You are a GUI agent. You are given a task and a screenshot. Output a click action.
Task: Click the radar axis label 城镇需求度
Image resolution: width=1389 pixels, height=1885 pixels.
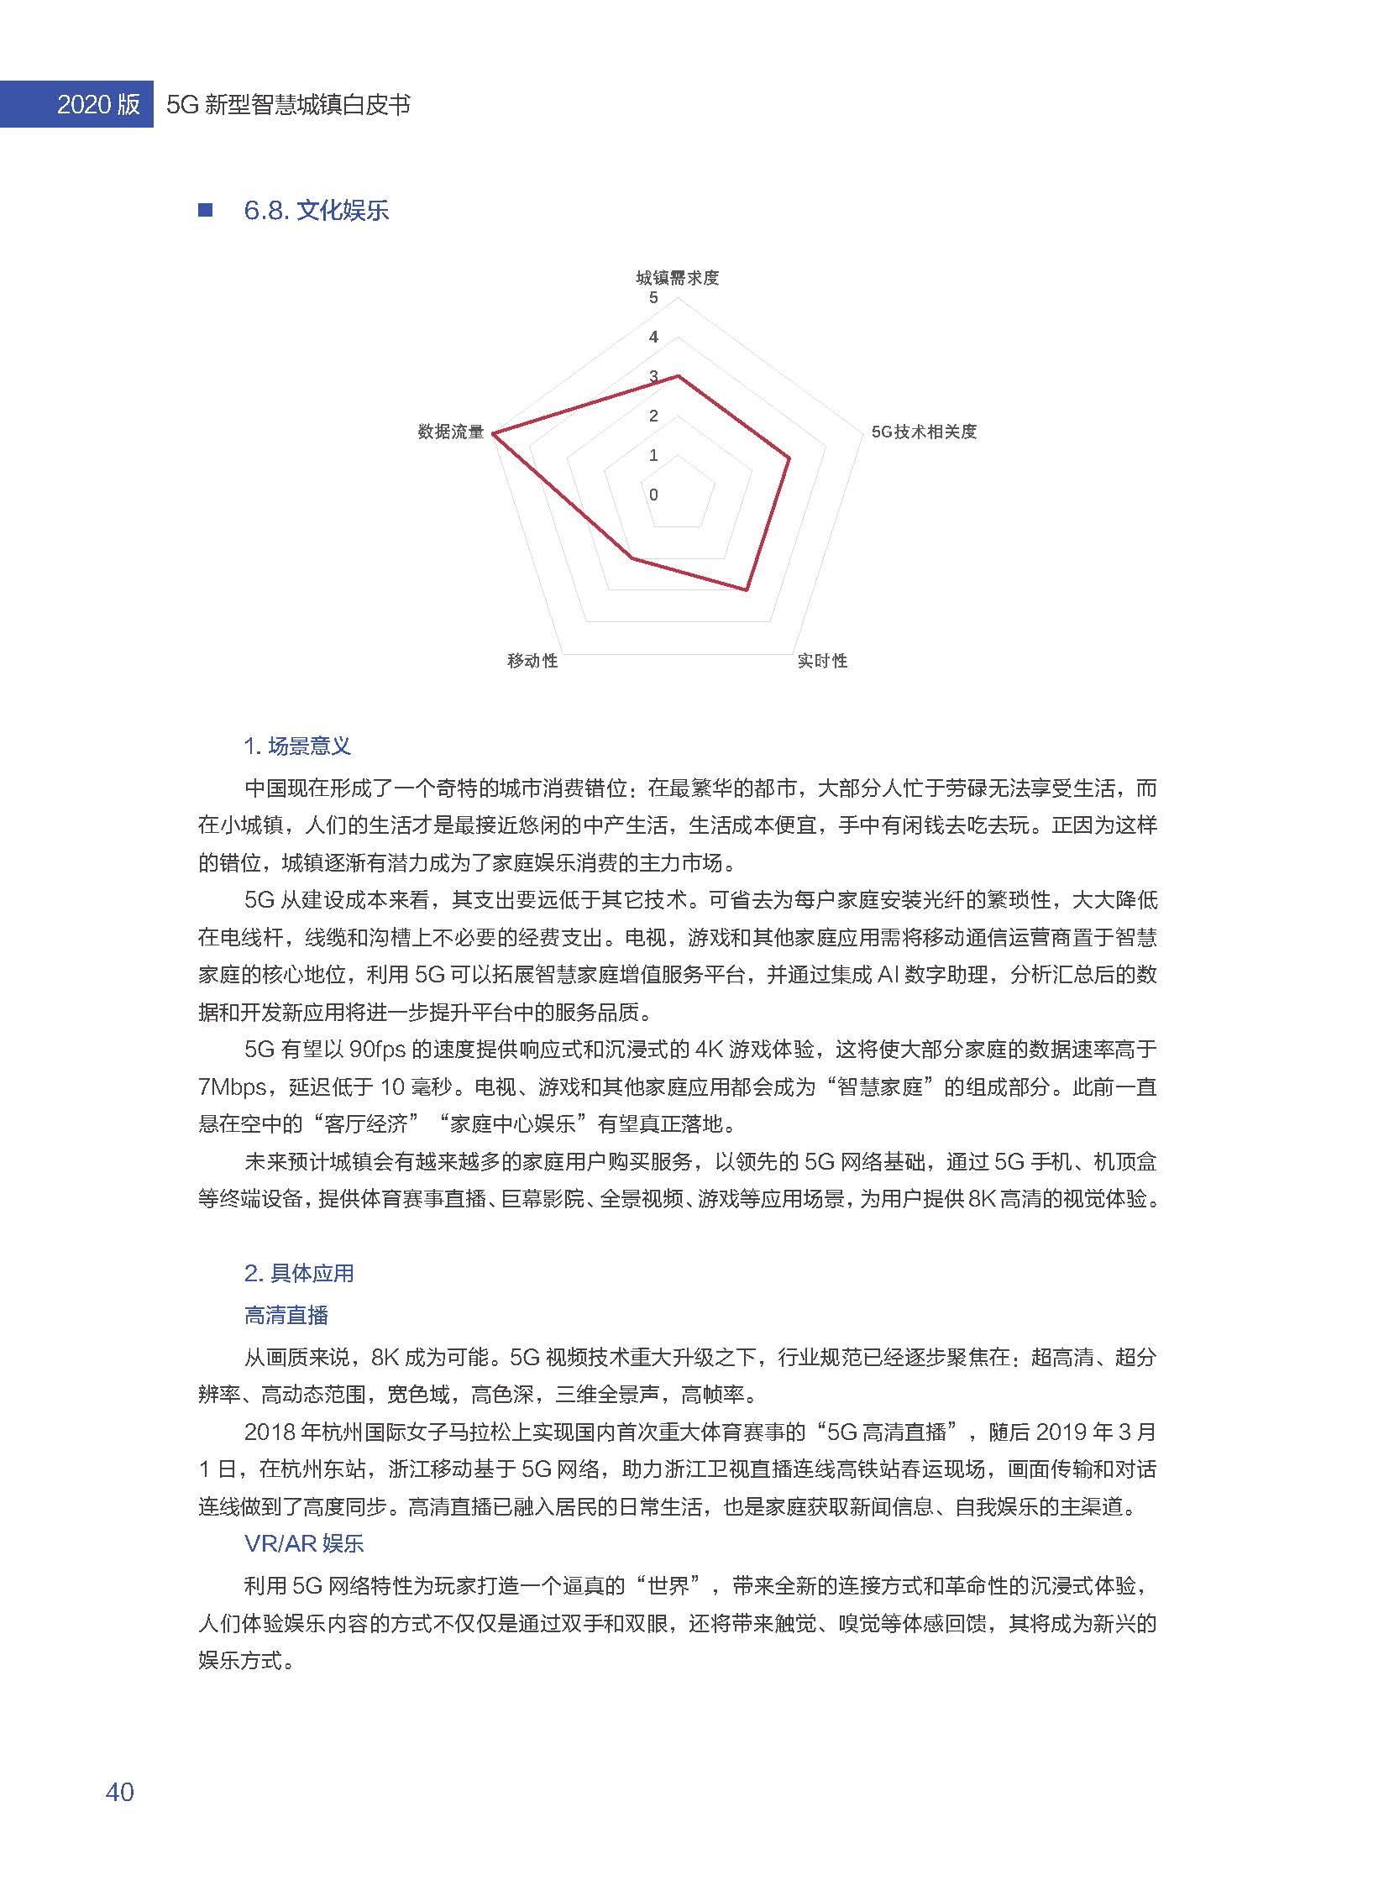pyautogui.click(x=677, y=278)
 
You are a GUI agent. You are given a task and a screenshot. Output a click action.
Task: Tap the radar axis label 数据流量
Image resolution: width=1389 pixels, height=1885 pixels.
pyautogui.click(x=451, y=432)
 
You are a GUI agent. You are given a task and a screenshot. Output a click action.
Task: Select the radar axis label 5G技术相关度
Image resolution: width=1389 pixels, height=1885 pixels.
pyautogui.click(x=923, y=432)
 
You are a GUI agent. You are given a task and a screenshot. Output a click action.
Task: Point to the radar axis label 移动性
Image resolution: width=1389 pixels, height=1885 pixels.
pyautogui.click(x=532, y=661)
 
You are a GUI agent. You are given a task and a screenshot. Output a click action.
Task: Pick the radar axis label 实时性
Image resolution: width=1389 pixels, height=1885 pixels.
pyautogui.click(x=822, y=661)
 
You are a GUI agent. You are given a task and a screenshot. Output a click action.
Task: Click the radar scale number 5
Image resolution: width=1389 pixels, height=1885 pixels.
pyautogui.click(x=653, y=298)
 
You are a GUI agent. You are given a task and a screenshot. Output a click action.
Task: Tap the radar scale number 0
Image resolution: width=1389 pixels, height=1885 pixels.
pyautogui.click(x=653, y=495)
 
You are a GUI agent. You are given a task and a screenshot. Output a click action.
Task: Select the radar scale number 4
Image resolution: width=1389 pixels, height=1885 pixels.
pyautogui.click(x=653, y=338)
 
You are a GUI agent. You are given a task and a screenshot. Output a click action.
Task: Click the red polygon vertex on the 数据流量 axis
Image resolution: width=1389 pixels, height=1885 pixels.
pyautogui.click(x=494, y=433)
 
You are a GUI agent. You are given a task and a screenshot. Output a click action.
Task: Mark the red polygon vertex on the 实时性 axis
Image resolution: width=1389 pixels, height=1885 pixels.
pyautogui.click(x=746, y=590)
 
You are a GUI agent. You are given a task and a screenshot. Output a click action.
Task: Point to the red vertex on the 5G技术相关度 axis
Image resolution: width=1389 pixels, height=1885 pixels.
pyautogui.click(x=789, y=459)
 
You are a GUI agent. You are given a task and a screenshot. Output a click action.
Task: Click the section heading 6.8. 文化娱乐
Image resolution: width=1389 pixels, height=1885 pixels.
pyautogui.click(x=316, y=210)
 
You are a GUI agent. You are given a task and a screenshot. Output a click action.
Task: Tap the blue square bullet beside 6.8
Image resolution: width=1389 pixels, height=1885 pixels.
pyautogui.click(x=205, y=210)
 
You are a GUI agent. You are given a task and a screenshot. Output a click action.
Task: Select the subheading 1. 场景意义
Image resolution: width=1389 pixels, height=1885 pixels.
pyautogui.click(x=296, y=746)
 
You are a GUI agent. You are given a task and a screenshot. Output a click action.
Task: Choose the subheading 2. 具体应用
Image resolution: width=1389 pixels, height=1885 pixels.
pyautogui.click(x=298, y=1273)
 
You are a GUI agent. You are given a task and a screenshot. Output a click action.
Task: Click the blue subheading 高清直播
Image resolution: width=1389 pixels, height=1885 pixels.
pyautogui.click(x=286, y=1315)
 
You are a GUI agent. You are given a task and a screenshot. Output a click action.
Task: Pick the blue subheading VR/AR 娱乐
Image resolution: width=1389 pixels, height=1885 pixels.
pyautogui.click(x=303, y=1543)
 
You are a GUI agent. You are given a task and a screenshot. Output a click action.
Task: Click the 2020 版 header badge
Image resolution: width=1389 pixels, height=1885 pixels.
pyautogui.click(x=97, y=104)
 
